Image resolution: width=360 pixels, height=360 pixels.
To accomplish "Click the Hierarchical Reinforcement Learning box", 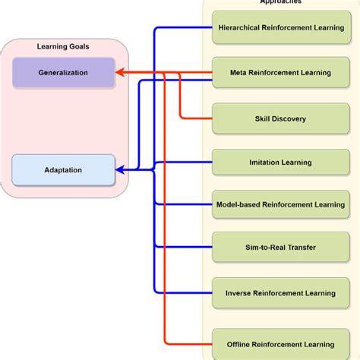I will point(280,28).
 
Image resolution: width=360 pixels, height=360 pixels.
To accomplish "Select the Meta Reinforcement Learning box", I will point(280,73).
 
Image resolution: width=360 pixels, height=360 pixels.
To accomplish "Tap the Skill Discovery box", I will point(280,118).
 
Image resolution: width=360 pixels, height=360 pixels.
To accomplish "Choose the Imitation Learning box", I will point(280,163).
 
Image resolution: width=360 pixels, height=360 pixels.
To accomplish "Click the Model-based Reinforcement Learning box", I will point(280,204).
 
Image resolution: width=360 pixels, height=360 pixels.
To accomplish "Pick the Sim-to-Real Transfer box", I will point(280,248).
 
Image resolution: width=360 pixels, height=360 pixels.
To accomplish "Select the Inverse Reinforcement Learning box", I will point(280,292).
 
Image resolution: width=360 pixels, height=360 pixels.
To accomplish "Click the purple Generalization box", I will point(64,73).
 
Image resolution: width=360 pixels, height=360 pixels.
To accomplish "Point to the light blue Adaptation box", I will point(64,170).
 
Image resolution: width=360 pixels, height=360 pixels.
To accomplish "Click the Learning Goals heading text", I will point(63,47).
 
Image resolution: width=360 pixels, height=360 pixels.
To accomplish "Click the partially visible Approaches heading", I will point(280,3).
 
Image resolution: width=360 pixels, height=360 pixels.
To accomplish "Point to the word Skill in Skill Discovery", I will point(264,118).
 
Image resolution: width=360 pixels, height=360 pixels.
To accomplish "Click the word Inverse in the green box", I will point(239,292).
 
